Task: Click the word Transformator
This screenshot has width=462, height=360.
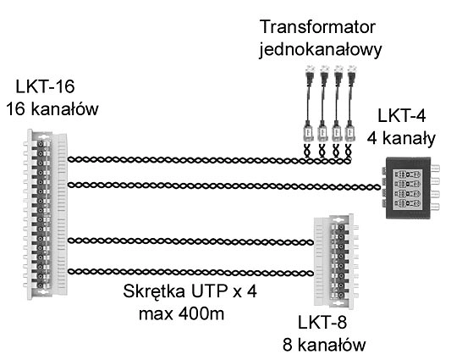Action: click(317, 27)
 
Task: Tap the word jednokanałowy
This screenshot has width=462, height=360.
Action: click(321, 49)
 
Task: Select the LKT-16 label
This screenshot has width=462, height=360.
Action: click(45, 86)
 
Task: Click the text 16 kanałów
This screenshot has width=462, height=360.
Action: click(52, 108)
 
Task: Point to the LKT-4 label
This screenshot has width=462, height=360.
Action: click(402, 115)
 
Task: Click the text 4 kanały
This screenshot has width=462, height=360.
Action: click(401, 138)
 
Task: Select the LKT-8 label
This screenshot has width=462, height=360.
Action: click(322, 322)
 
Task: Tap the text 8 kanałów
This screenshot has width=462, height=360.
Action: click(324, 345)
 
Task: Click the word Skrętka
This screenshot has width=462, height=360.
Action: click(154, 291)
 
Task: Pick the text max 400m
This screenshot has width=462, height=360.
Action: click(181, 314)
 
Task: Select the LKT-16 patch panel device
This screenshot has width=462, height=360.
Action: click(45, 214)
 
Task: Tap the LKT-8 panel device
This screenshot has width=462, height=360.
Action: click(336, 262)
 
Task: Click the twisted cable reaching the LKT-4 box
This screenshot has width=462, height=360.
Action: click(224, 186)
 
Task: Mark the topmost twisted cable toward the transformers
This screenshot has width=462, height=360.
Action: click(210, 160)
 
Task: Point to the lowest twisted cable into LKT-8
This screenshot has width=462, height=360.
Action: click(190, 272)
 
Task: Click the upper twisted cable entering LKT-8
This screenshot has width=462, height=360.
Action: click(190, 241)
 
